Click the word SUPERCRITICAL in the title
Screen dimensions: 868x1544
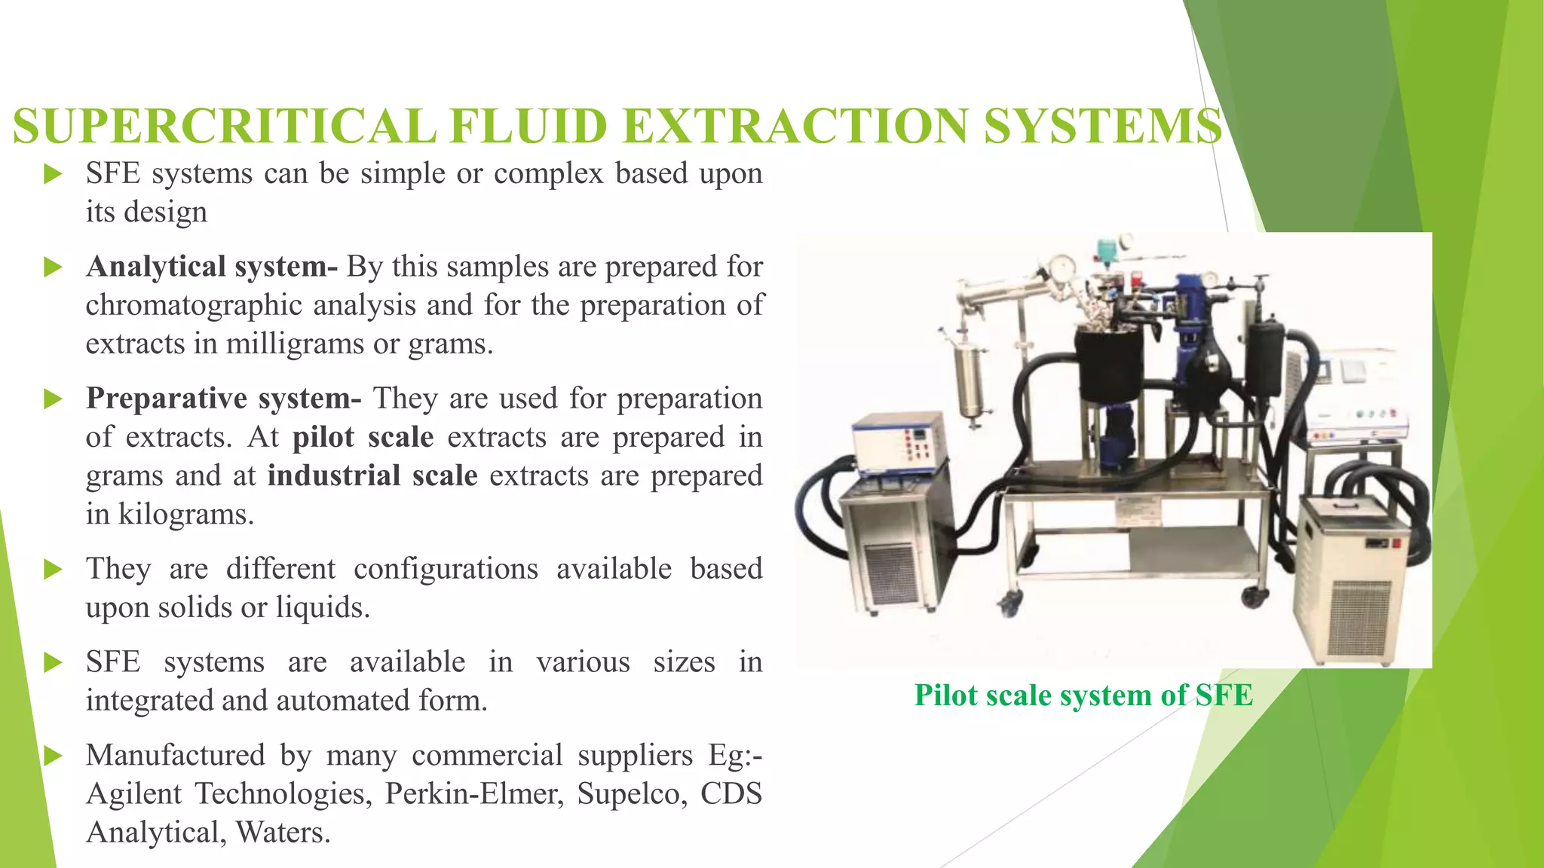point(225,126)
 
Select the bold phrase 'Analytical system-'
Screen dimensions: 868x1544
point(212,267)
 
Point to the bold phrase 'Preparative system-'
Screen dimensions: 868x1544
point(224,399)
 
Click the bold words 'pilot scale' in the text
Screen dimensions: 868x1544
point(363,437)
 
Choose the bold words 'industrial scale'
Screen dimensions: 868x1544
point(372,476)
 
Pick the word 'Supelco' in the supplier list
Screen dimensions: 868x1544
point(632,793)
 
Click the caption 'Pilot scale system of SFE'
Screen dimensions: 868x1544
point(1083,695)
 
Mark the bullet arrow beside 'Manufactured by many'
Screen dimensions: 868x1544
point(53,756)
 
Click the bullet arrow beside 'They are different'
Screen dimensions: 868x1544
point(53,570)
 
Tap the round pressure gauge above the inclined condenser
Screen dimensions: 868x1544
point(1061,268)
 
